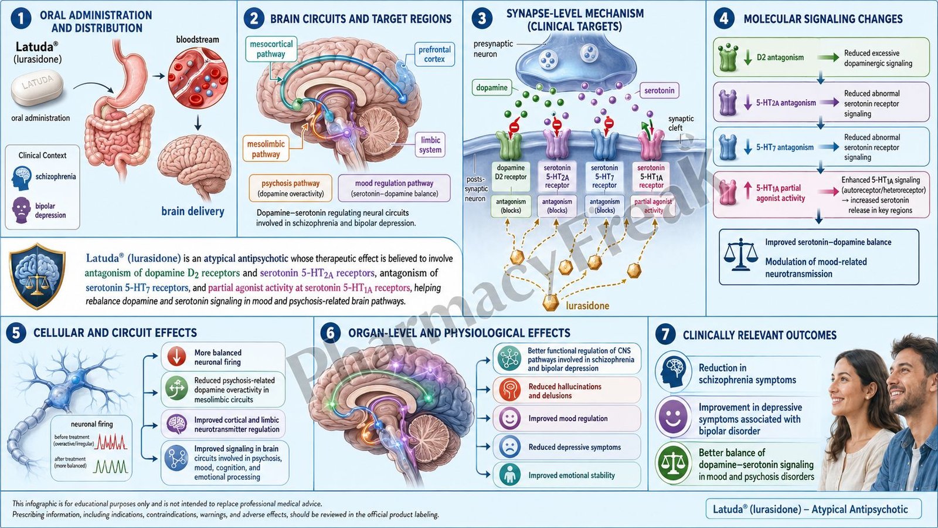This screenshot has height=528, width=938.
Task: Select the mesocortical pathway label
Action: click(x=271, y=49)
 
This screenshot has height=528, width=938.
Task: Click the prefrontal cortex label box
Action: click(x=434, y=55)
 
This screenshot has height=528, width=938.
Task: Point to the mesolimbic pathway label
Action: click(x=266, y=149)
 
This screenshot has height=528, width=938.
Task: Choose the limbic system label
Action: click(x=430, y=144)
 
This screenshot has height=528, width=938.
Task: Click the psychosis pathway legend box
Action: click(x=290, y=188)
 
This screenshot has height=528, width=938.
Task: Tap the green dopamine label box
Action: click(x=492, y=87)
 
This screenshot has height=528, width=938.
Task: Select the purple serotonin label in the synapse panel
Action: click(x=659, y=90)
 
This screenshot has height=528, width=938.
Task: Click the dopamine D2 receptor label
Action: click(x=511, y=172)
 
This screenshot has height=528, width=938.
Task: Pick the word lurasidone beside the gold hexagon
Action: click(x=587, y=306)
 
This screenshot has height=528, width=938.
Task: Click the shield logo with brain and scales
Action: click(x=38, y=275)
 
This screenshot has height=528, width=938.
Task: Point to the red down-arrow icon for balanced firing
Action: click(x=176, y=357)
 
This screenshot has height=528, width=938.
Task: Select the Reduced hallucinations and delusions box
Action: click(x=567, y=391)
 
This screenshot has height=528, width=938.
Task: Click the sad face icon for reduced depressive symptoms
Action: click(x=509, y=446)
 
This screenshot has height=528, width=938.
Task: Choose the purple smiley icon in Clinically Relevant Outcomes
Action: click(x=673, y=417)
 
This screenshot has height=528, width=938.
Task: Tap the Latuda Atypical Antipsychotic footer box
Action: click(x=813, y=509)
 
